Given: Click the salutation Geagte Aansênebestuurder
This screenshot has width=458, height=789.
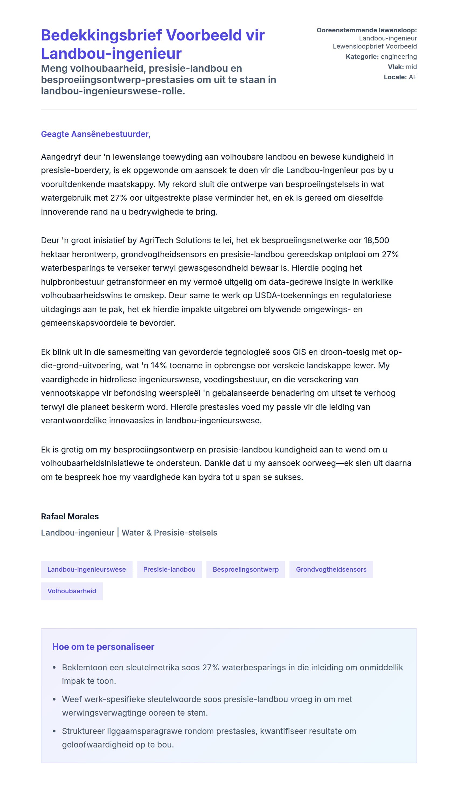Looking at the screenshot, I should tap(95, 134).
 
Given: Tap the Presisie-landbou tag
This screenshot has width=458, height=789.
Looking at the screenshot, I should tap(169, 569).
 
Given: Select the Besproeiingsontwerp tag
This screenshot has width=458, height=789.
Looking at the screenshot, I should tap(246, 569).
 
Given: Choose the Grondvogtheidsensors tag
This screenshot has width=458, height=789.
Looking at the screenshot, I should tap(331, 569).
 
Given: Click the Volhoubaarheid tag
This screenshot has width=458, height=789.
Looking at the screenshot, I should tap(72, 591).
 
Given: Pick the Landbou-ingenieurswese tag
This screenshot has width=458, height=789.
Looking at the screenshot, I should tap(87, 569).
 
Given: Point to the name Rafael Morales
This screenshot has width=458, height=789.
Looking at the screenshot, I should tap(70, 516).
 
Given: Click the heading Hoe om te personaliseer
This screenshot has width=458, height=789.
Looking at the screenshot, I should tap(103, 647).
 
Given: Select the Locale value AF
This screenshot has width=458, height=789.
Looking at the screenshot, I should tap(413, 77).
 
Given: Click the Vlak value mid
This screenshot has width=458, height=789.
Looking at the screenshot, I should tap(411, 67).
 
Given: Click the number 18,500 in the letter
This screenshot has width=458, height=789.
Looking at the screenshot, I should tap(376, 241).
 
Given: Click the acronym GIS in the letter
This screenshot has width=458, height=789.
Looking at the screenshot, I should tap(299, 352).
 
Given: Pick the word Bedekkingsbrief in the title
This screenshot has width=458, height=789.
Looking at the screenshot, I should tap(101, 35).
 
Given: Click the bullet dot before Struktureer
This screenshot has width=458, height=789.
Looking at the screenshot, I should tap(54, 731).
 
